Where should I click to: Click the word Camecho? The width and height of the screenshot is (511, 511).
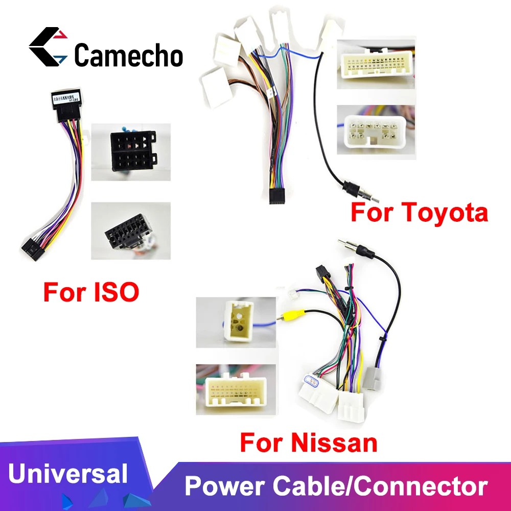128,55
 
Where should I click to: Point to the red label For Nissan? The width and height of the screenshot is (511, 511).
309,442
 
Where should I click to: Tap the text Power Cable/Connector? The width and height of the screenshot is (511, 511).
336,485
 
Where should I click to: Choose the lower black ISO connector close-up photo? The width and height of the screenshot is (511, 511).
131,231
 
